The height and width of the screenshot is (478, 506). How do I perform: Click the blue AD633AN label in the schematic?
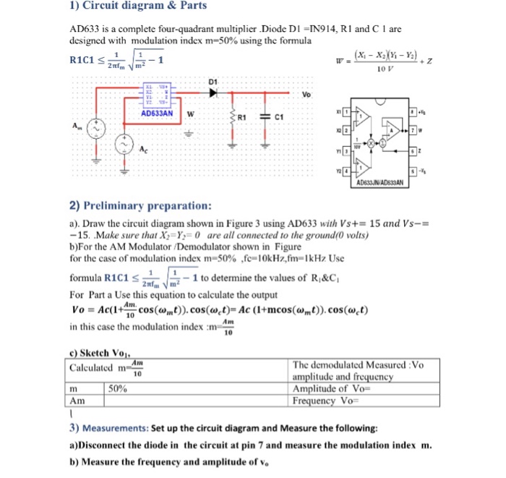pos(156,114)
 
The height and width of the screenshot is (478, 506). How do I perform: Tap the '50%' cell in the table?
pos(119,388)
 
